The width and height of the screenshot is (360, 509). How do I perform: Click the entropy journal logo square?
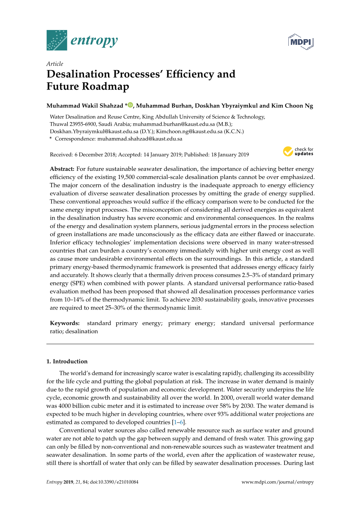(57, 40)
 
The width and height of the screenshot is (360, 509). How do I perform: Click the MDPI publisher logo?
(301, 42)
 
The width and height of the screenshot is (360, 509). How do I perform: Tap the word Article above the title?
(55, 64)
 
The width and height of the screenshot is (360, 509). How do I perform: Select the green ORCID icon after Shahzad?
(130, 105)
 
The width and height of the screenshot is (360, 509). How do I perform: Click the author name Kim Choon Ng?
(292, 106)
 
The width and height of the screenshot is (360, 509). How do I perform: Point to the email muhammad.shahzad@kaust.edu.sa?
(140, 139)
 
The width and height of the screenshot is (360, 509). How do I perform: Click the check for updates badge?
(298, 151)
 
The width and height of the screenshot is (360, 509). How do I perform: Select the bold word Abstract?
(62, 169)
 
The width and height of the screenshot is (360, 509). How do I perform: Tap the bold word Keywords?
(65, 323)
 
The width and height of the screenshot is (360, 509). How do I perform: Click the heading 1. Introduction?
(67, 361)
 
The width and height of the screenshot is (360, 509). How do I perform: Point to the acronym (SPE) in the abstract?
(78, 283)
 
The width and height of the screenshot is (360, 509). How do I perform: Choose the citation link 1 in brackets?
(175, 423)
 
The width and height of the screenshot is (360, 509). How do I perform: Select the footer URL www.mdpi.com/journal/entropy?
(277, 482)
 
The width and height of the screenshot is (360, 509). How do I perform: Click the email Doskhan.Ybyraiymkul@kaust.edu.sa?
(94, 132)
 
